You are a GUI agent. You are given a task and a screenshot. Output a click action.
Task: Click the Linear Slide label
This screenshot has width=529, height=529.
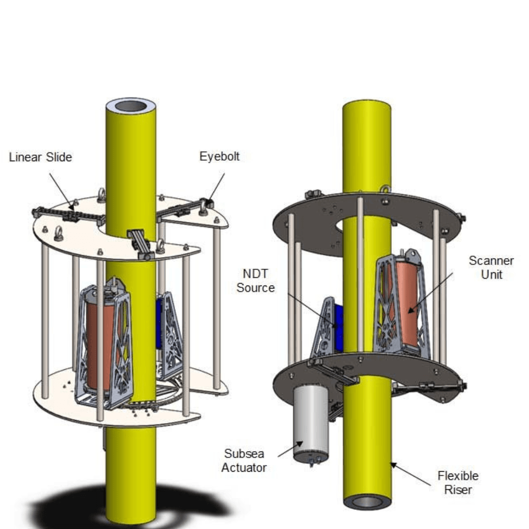(41, 157)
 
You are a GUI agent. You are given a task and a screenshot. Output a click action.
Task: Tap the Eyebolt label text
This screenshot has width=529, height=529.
(219, 157)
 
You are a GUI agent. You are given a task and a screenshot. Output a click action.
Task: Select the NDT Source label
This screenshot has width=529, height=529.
(255, 281)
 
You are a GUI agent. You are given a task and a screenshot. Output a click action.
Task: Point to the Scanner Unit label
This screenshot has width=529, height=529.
(491, 267)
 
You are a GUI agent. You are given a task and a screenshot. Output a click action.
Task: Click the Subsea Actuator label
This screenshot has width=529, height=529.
(244, 460)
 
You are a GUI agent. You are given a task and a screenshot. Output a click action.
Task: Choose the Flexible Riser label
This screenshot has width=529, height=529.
(458, 483)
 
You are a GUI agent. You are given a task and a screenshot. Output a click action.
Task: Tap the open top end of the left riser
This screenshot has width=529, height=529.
(131, 108)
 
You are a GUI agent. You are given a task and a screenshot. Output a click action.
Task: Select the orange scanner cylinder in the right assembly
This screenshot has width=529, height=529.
(408, 304)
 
